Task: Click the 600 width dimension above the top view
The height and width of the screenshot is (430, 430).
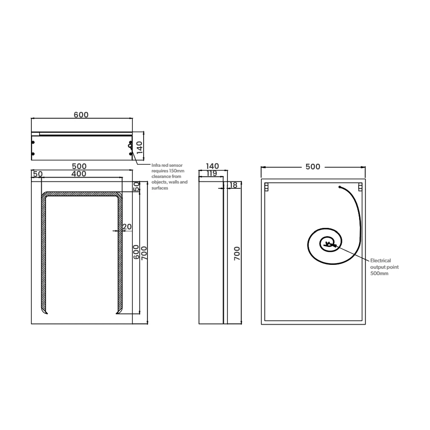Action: (81, 115)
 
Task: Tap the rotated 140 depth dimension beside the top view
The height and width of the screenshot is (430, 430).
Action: (140, 147)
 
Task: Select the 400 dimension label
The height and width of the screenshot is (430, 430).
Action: (79, 174)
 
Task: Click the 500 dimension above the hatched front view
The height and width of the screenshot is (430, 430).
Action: (79, 166)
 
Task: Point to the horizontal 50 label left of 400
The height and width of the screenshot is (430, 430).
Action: (38, 174)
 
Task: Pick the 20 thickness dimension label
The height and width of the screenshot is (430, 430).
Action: (127, 227)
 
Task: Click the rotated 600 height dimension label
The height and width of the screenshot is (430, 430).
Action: (136, 252)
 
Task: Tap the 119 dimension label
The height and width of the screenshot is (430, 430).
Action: (212, 173)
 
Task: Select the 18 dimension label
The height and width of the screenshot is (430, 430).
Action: (233, 185)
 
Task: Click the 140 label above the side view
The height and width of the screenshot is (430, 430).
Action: (212, 166)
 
